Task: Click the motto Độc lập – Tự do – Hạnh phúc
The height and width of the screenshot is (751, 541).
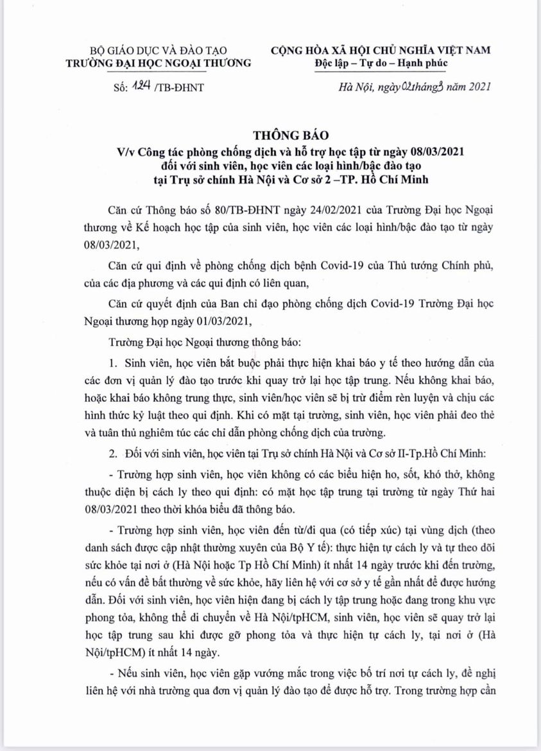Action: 381,63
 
